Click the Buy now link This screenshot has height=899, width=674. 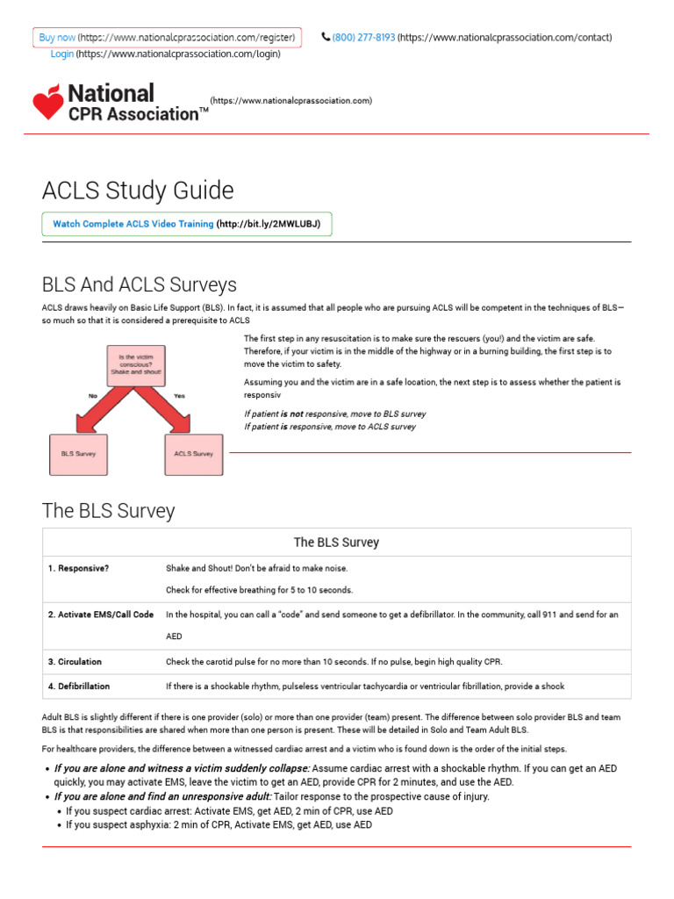point(58,38)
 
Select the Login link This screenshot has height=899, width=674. point(62,54)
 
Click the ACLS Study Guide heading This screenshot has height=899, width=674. point(138,191)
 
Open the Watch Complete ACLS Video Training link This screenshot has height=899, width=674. point(133,225)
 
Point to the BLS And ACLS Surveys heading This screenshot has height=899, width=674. point(140,285)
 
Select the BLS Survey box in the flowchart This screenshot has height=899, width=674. point(78,454)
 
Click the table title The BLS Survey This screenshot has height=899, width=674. point(336,543)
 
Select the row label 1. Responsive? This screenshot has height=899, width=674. point(79,569)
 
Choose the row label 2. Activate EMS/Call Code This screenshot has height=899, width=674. point(101,615)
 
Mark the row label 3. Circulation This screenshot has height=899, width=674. point(75,662)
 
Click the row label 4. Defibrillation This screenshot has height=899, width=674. point(79,687)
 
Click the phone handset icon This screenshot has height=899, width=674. point(326,38)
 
